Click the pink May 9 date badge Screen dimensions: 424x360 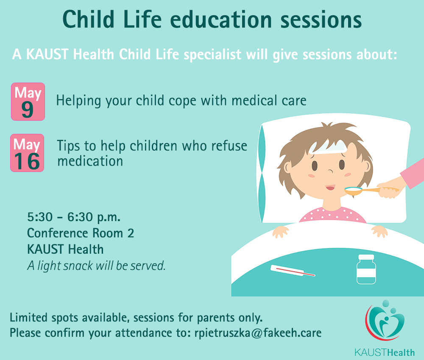tap(28, 102)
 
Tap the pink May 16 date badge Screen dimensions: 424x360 tap(27, 153)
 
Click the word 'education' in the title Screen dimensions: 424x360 tap(221, 19)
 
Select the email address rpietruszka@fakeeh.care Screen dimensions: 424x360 tap(258, 333)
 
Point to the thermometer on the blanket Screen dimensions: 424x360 tap(293, 271)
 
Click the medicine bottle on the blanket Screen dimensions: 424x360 tap(366, 269)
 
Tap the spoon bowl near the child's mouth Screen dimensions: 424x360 tap(354, 191)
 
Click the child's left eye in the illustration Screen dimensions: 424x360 tap(342, 164)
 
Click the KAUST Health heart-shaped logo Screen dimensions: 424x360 tap(385, 320)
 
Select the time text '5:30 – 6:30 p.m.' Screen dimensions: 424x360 tap(73, 217)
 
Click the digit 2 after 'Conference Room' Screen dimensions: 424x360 tap(131, 233)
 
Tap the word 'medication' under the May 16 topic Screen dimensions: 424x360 tap(90, 161)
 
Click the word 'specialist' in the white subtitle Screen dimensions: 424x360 tap(212, 55)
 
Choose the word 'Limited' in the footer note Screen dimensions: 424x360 tap(29, 318)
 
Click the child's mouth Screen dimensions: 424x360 tap(330, 188)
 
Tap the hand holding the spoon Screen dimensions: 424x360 tap(388, 190)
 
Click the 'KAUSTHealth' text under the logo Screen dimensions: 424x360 tap(385, 352)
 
